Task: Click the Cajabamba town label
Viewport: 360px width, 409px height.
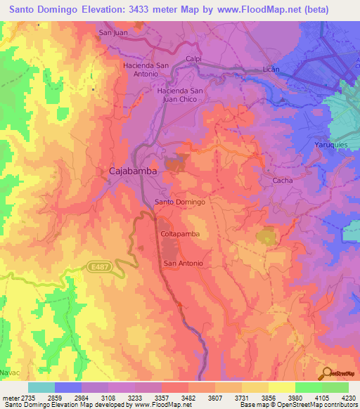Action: tap(132, 171)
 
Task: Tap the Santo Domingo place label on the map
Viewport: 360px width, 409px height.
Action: tap(179, 202)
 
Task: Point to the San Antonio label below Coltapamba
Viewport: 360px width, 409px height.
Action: tap(184, 264)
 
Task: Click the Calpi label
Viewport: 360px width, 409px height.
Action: tap(194, 59)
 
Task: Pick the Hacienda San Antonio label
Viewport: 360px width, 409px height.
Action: tap(145, 70)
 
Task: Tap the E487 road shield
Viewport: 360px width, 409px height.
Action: tap(101, 267)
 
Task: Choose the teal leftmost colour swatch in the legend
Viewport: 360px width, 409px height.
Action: tap(41, 387)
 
